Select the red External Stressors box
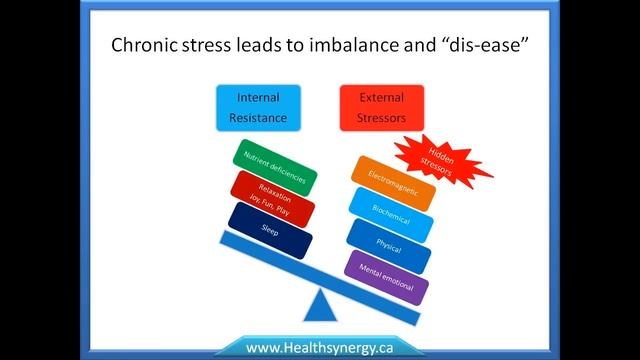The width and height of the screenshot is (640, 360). (381, 108)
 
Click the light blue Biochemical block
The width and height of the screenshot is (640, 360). (389, 212)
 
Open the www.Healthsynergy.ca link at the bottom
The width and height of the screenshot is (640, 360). (318, 347)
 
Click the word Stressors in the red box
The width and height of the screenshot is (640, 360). (381, 117)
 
